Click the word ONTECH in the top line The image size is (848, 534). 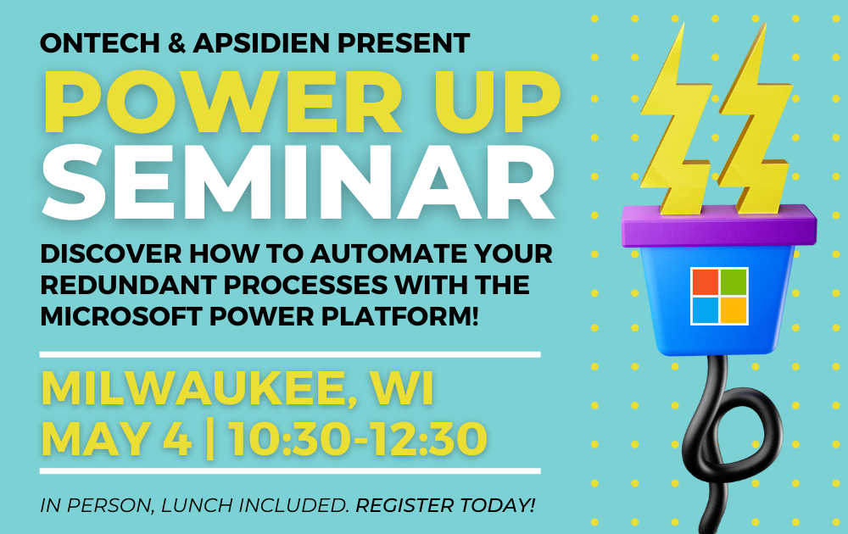tap(100, 43)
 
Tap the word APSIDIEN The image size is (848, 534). tap(261, 43)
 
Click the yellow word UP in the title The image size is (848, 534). tap(497, 101)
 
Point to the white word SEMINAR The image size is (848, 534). tap(298, 182)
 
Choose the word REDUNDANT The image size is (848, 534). tap(129, 285)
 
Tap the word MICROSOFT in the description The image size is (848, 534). tap(121, 316)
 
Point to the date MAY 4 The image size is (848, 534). tap(117, 438)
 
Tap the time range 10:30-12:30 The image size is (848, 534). tap(357, 438)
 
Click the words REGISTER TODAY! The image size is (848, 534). tap(445, 505)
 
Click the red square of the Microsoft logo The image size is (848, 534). tap(706, 282)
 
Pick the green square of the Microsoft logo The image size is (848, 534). tap(734, 282)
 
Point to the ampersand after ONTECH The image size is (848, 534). tap(177, 43)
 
